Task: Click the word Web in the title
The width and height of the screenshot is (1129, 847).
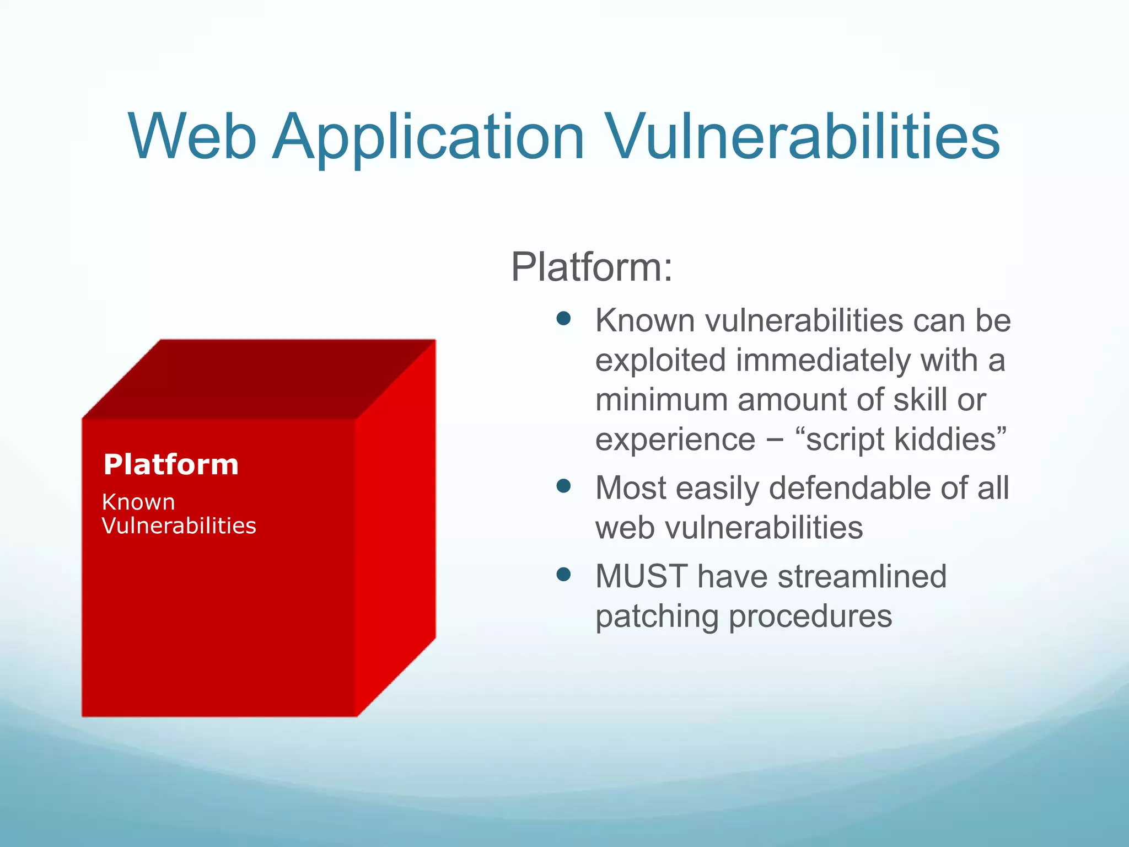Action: pos(193,136)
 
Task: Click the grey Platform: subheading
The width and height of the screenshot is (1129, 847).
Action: pos(592,267)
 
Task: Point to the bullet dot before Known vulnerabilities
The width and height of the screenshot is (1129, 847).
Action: pos(563,318)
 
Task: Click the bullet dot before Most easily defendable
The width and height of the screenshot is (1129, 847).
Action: pos(563,486)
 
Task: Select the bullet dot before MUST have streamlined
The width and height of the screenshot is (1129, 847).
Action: pos(563,575)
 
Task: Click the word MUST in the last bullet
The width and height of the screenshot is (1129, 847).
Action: pos(641,576)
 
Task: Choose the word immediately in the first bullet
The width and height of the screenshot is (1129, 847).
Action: pos(824,360)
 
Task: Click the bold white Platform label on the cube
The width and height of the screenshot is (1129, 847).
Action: pos(171,464)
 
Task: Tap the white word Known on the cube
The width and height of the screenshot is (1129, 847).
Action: pos(138,502)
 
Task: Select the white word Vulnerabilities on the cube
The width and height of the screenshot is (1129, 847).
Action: pos(179,526)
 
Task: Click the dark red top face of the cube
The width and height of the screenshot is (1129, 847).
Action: pos(259,379)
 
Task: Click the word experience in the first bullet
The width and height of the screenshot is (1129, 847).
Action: pos(675,439)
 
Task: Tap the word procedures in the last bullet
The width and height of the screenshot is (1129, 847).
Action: pos(810,617)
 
